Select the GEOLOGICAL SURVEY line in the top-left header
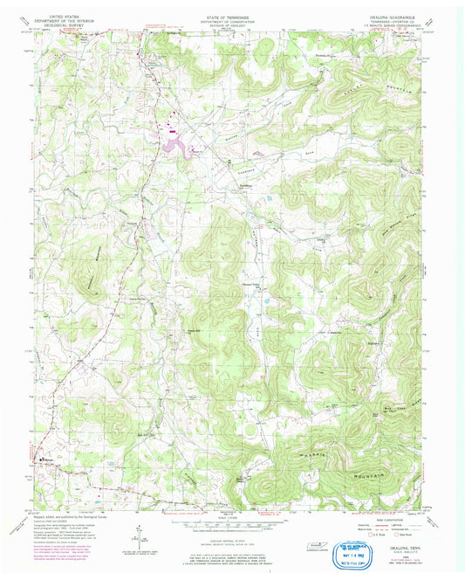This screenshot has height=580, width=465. click(74, 25)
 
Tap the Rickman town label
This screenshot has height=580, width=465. click(49, 457)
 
